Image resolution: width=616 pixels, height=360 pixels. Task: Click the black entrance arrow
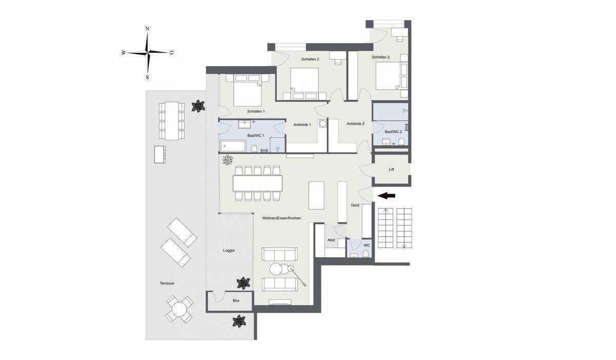387,196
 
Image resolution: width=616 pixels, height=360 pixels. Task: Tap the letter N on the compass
147,29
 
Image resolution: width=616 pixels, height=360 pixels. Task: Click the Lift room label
391,169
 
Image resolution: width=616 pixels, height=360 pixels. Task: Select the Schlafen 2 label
310,59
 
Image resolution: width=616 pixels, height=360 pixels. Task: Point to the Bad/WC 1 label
256,136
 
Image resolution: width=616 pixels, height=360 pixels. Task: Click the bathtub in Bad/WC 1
233,146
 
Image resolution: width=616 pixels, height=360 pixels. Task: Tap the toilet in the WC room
366,253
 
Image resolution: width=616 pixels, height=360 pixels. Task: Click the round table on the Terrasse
179,309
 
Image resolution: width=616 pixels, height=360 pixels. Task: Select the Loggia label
229,251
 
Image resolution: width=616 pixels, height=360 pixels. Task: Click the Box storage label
236,300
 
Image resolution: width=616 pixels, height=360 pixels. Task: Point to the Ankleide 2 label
355,124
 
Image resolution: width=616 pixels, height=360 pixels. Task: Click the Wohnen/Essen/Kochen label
282,218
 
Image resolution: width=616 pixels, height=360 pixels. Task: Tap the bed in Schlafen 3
388,75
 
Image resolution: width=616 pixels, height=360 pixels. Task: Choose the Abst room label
331,240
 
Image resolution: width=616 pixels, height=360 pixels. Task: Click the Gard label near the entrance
355,205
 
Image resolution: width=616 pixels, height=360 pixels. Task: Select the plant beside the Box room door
244,283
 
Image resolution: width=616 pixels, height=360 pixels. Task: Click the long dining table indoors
257,183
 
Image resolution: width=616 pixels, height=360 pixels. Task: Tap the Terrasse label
167,283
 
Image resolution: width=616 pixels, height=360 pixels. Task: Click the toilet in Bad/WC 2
401,141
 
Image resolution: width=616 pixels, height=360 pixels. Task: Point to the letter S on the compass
147,77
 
